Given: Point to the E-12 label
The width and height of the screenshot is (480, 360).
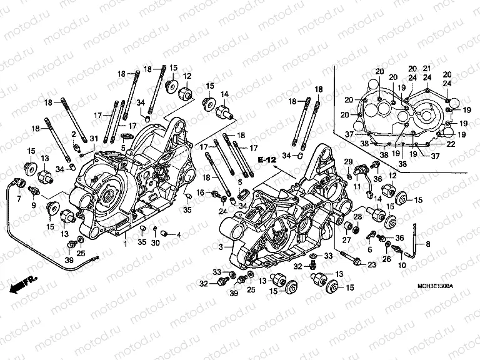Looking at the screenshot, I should point(267,161).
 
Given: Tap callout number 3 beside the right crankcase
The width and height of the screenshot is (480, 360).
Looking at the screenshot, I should point(221,248).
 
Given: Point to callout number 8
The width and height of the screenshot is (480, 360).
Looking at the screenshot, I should point(427,244).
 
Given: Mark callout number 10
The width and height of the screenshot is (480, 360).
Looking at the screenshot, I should point(401,265).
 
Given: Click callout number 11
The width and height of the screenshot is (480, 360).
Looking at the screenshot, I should point(357,186).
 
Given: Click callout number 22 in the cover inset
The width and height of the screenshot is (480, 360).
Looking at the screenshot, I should point(451,144).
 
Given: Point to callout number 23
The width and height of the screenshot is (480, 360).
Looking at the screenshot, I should point(371,265).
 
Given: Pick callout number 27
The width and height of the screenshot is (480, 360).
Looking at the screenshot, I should point(345,240).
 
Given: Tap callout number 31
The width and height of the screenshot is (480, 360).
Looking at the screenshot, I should point(94,138).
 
